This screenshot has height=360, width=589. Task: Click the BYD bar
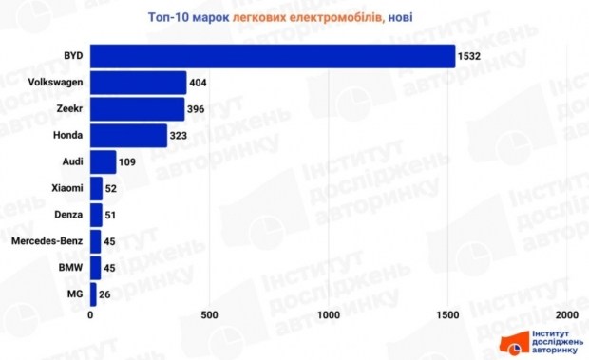273,56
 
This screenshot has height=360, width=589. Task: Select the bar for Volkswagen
139,83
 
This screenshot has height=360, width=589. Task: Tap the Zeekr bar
138,109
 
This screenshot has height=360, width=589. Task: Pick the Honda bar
128,136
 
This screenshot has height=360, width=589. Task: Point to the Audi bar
104,162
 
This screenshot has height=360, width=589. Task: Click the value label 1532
469,56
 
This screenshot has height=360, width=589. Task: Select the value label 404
198,83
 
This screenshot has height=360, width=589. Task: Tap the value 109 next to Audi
127,162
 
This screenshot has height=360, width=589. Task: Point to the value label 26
104,294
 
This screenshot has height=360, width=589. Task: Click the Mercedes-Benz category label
47,241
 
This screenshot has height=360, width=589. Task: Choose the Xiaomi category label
67,188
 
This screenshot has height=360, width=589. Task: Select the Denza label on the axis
68,215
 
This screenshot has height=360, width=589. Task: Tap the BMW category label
70,268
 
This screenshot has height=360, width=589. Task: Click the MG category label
75,294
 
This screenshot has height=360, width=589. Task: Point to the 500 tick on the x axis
209,315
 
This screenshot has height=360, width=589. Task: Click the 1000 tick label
329,315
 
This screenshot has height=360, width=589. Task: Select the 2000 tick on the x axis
567,315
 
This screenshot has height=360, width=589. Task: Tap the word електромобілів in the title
336,18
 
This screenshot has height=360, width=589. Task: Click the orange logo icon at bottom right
513,343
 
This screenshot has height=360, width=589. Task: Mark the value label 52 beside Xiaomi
111,189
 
